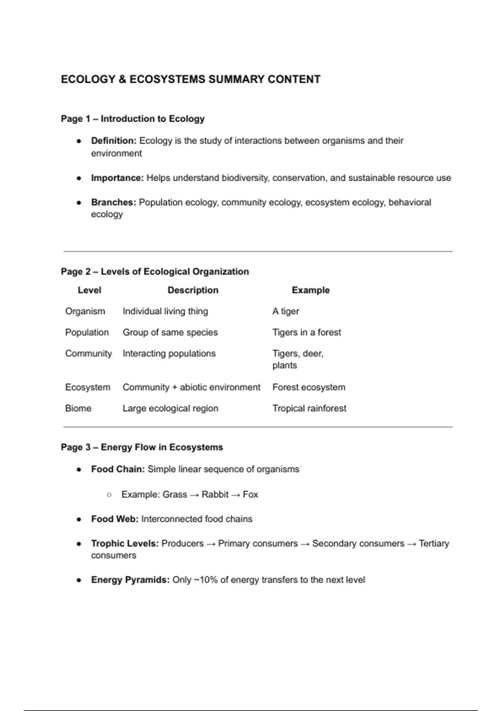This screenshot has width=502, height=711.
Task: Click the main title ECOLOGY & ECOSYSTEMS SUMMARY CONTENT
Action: (190, 79)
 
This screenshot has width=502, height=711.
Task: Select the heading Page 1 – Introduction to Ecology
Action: (133, 119)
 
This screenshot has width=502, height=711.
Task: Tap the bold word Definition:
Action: (114, 141)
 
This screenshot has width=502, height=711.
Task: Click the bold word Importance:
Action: (117, 178)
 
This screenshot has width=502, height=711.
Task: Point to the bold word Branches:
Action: (113, 202)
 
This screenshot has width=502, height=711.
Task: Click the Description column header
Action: (193, 290)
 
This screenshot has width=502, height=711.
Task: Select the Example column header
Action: (310, 290)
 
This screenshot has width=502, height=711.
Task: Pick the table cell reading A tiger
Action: (286, 312)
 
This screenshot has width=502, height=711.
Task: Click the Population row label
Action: (87, 332)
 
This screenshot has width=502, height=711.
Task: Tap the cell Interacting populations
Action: (169, 354)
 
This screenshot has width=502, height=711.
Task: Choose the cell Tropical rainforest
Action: (309, 409)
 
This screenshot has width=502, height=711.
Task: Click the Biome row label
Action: (78, 409)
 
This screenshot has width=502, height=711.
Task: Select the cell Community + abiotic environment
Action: (191, 388)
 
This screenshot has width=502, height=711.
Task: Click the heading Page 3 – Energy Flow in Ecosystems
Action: (142, 448)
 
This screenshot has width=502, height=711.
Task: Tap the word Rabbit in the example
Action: (215, 495)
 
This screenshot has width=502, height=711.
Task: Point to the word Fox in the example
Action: (250, 495)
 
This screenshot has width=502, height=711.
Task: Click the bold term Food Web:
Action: (115, 519)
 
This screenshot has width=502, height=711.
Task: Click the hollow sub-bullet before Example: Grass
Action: (109, 495)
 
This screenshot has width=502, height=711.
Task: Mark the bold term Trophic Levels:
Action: (125, 544)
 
